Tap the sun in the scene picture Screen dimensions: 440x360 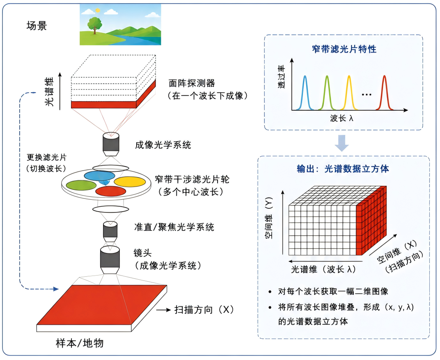(98, 10)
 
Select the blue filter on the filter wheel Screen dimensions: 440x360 (100, 176)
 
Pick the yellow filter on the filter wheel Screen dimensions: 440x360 (130, 181)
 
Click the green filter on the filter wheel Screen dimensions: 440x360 (81, 185)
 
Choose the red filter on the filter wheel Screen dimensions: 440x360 (111, 191)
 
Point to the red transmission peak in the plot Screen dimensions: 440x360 (385, 93)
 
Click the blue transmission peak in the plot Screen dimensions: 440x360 (305, 93)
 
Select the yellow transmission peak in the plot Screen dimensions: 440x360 (349, 93)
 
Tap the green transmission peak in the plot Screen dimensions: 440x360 (327, 93)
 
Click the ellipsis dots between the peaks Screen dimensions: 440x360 (367, 95)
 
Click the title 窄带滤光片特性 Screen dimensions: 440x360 (344, 49)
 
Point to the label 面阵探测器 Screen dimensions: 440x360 (192, 83)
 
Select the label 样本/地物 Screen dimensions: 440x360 (80, 343)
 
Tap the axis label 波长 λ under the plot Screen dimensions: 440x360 (341, 118)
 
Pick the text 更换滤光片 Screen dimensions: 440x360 (46, 157)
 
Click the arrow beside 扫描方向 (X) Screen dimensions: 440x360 (163, 310)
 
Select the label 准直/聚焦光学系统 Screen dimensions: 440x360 (174, 227)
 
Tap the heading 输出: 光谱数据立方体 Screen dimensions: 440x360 (343, 169)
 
